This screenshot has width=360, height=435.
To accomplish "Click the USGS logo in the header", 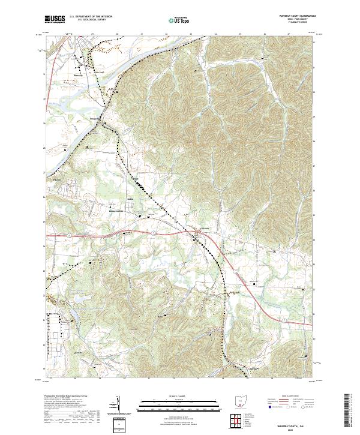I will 55,19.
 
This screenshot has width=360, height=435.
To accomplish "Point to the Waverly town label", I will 77,75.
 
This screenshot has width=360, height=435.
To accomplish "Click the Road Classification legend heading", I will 290,397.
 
